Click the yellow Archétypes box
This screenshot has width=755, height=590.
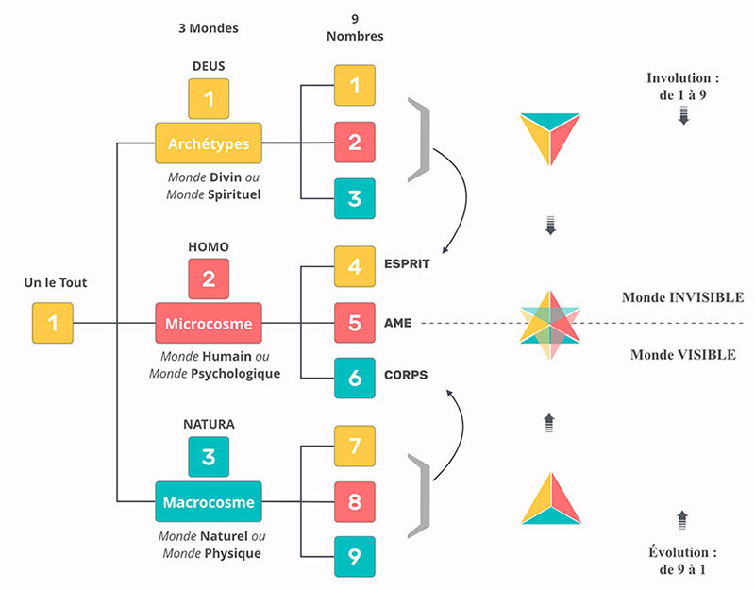click(x=209, y=143)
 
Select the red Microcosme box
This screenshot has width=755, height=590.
click(x=209, y=323)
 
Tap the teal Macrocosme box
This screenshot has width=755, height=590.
click(x=209, y=501)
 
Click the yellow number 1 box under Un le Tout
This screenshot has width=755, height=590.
click(x=53, y=323)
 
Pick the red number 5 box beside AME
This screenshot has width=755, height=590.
click(x=355, y=323)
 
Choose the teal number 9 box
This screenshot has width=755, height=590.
click(x=355, y=556)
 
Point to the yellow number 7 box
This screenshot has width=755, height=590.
click(x=355, y=446)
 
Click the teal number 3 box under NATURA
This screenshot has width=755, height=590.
click(x=209, y=457)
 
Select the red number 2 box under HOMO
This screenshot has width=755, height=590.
click(x=209, y=278)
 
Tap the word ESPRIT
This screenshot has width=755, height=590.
click(x=407, y=264)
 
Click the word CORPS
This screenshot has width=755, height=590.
click(x=406, y=375)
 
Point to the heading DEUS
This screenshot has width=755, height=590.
click(x=209, y=66)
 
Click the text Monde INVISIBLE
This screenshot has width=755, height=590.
click(x=682, y=297)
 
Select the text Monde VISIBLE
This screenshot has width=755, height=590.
click(x=683, y=355)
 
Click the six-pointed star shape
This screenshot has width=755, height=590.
click(x=550, y=325)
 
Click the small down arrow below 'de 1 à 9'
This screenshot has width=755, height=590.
click(x=683, y=115)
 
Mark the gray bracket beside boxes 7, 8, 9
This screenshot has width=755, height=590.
click(x=420, y=496)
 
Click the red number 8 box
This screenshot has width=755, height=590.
click(x=355, y=501)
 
